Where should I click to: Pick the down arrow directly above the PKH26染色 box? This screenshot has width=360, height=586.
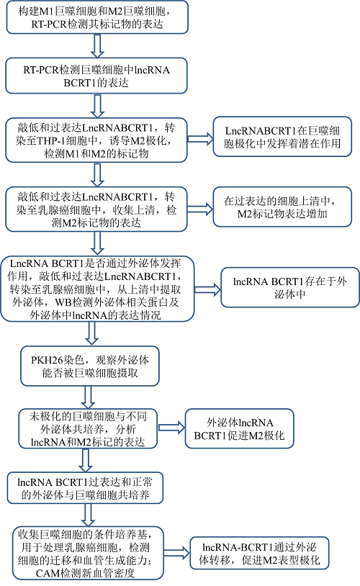tap(89, 333)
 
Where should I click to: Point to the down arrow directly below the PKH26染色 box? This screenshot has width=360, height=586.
tap(89, 396)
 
